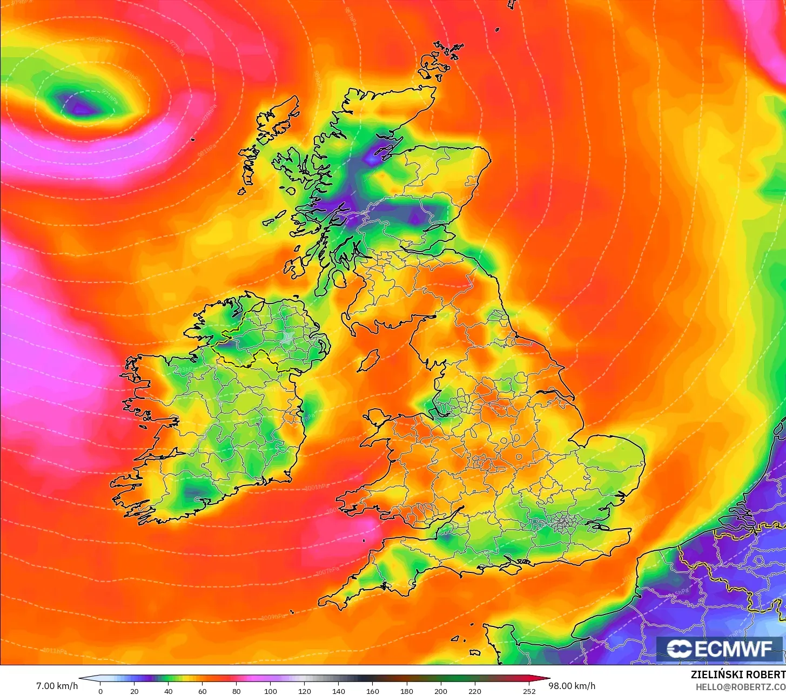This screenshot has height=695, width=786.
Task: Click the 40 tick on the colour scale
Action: [169, 691]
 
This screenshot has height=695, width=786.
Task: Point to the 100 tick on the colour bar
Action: [271, 691]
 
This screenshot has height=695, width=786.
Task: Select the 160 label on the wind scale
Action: [373, 691]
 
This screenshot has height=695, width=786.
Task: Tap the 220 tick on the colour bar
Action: [475, 691]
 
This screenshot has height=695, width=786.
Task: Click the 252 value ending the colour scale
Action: [529, 691]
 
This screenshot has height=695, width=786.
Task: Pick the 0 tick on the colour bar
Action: [100, 691]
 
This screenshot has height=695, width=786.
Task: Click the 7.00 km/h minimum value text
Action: [57, 686]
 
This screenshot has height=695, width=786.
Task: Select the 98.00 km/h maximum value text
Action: [572, 686]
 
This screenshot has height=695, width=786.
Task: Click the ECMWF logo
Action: [720, 649]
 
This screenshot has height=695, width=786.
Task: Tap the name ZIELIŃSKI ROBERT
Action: [738, 674]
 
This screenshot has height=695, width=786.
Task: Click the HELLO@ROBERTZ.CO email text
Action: [740, 686]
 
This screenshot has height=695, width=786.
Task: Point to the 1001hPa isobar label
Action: [317, 487]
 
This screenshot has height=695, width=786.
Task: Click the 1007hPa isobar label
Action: [327, 571]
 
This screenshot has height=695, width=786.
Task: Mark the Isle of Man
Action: [368, 360]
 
